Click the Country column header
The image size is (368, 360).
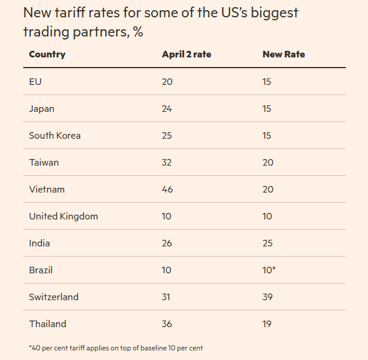[x=47, y=54]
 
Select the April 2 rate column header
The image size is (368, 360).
[x=186, y=54]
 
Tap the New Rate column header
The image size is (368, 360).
[x=284, y=54]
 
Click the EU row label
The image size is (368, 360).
[x=35, y=81]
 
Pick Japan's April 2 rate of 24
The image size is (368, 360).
[x=167, y=108]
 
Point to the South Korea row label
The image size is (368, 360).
[x=54, y=135]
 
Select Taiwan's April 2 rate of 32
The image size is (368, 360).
[x=167, y=162]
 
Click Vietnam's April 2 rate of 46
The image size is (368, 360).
[x=167, y=189]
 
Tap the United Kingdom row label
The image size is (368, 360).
[x=63, y=216]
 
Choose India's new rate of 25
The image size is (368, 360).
[x=268, y=243]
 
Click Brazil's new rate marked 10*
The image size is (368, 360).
[x=269, y=270]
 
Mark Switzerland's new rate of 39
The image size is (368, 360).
[x=268, y=297]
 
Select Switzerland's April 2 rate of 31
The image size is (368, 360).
[x=167, y=297]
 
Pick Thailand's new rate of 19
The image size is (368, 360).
[x=267, y=324]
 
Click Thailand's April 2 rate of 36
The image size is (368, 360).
[x=167, y=324]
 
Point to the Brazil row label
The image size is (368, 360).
[x=41, y=270]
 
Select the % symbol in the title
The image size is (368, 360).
[x=138, y=32]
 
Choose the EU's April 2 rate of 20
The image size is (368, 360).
[x=167, y=81]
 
